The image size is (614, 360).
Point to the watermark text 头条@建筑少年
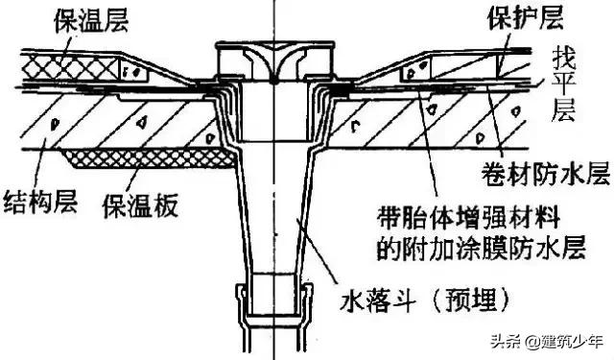[x=552, y=340]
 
